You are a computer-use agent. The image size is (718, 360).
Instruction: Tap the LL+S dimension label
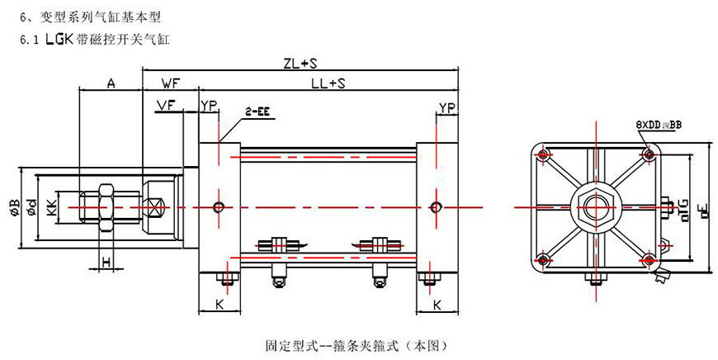328,83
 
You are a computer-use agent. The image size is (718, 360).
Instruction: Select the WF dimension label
171,83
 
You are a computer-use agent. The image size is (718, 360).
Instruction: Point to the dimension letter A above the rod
111,83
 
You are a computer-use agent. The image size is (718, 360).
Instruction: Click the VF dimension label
165,105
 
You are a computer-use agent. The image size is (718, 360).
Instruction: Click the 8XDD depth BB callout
658,124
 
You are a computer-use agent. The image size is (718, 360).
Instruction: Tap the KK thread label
52,206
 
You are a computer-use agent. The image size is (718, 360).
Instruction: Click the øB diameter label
14,206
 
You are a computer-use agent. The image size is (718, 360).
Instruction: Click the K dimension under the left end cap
220,305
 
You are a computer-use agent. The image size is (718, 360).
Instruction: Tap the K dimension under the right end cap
436,305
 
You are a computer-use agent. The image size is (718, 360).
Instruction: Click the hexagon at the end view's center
596,205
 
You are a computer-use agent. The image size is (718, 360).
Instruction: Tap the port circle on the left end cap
218,206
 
